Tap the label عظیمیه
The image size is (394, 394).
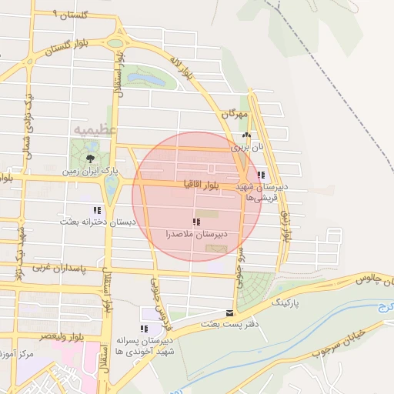pos(94,130)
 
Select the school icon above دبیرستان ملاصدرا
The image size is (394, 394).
pos(194,222)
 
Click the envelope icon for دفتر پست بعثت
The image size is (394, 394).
pos(229,312)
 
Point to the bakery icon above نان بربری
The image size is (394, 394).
pos(246,135)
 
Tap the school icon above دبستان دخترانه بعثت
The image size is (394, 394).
pos(97,210)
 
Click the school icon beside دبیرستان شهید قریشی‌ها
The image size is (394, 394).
pos(262,175)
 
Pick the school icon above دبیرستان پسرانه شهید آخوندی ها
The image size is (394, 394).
pos(144,329)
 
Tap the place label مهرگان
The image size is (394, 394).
pos(235,114)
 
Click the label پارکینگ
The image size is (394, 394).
pos(285,304)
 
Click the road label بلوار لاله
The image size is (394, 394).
pos(185,70)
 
